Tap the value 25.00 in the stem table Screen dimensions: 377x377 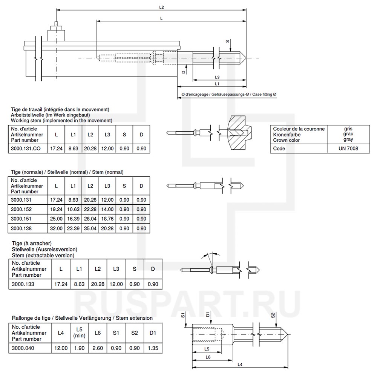pos(57,219)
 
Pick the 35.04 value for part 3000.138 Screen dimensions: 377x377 pos(90,228)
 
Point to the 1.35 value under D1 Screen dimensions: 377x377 pos(153,348)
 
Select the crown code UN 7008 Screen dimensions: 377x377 pos(348,149)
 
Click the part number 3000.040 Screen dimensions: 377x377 pos(23,348)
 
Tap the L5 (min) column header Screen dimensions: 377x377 pos(79,333)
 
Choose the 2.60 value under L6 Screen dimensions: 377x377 pos(98,348)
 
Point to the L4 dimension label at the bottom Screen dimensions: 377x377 pos(240,364)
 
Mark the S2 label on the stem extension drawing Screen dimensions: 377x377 pos(272,316)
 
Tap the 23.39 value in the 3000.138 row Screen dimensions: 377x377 pos(74,228)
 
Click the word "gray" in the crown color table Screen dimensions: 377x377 pos(348,139)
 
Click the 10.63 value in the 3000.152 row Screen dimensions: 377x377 pos(74,209)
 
